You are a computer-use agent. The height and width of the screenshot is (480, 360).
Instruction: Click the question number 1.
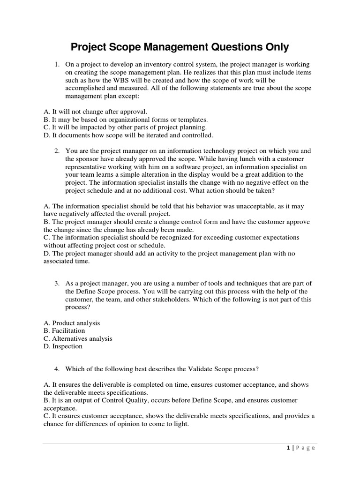coord(56,64)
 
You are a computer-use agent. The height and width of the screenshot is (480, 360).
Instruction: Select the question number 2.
coord(56,151)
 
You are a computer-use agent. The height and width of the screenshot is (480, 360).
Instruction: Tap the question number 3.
coord(56,283)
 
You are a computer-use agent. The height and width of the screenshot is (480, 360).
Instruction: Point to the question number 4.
coord(56,369)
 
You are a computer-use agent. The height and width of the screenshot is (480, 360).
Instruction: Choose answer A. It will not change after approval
coord(95,111)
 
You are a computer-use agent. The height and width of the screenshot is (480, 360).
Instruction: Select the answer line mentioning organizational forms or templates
coord(126,119)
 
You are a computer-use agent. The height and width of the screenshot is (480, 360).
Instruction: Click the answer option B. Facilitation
coord(64,331)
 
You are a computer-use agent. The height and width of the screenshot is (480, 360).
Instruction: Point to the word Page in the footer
coord(306,448)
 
